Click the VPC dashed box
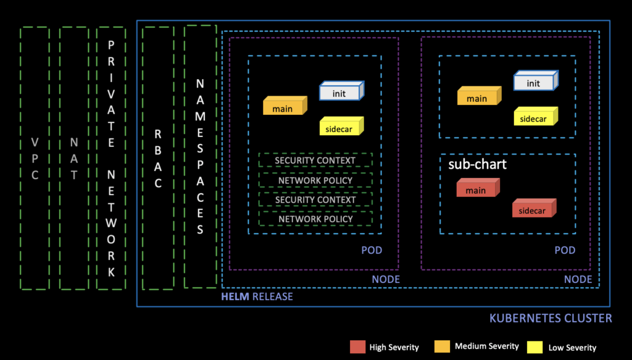35,158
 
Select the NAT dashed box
73,158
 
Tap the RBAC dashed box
157,158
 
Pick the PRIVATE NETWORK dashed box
111,158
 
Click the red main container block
476,190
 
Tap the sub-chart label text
477,164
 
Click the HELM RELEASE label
257,296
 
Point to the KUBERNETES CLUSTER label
551,319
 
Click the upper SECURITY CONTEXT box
315,161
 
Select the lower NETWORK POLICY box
315,219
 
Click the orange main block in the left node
284,108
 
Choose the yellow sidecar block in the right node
534,118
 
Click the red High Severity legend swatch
357,346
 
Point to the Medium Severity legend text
487,346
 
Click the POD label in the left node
372,250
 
